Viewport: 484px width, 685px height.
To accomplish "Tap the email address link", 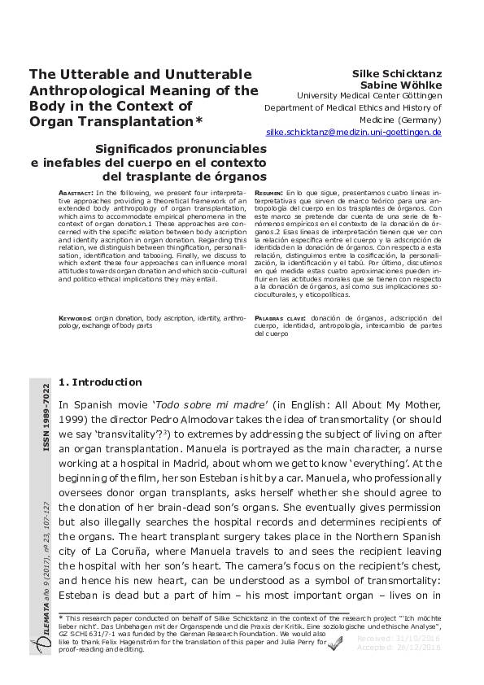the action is tap(354, 131).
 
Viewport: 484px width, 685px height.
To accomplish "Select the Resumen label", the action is tap(271, 192).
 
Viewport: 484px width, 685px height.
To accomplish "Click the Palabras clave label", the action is tap(280, 317).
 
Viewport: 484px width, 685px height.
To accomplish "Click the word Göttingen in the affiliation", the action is tap(420, 96).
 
